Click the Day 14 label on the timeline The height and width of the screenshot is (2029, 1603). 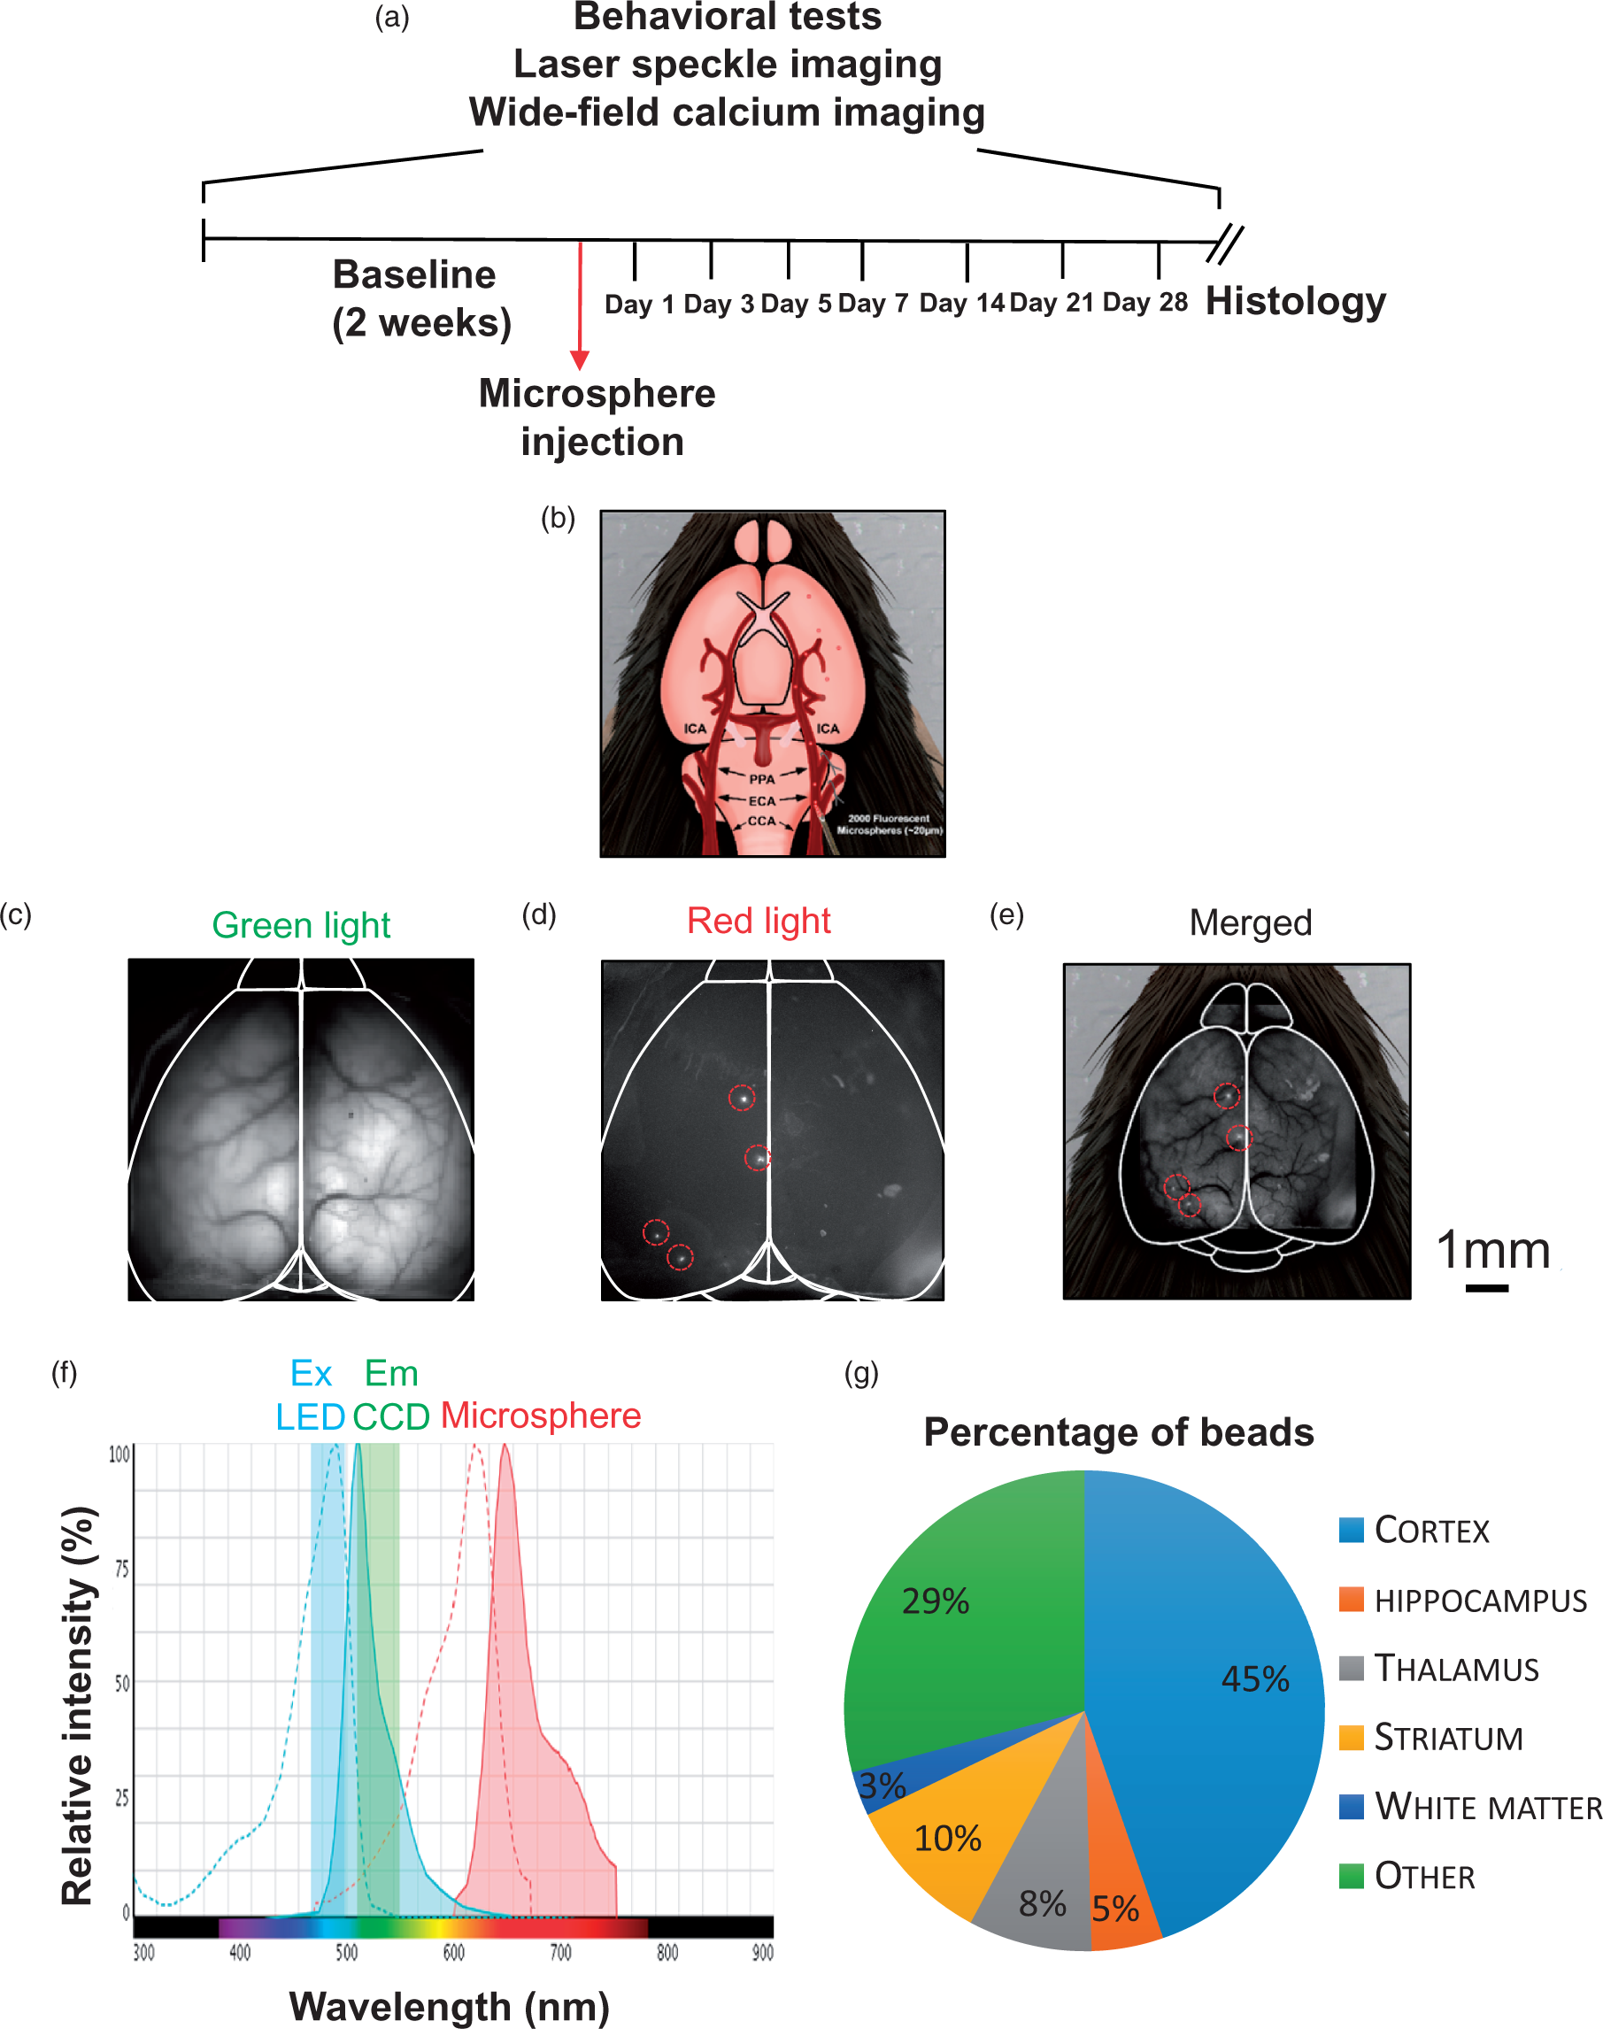tap(961, 303)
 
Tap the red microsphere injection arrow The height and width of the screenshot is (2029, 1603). tap(580, 306)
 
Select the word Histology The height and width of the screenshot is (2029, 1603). tap(1295, 301)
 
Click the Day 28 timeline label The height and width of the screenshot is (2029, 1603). tap(1145, 302)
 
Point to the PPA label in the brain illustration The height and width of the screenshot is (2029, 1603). tap(762, 779)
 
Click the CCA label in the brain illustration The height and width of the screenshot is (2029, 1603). tap(762, 822)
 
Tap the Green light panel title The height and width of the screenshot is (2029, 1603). tap(301, 925)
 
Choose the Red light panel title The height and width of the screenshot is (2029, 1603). tap(759, 921)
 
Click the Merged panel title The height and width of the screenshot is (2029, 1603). tap(1250, 922)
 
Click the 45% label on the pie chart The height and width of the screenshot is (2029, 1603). tap(1255, 1678)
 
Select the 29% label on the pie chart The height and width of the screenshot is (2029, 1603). tap(936, 1601)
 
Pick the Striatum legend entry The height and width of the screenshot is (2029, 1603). tap(1431, 1737)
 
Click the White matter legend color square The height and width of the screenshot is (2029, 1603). tap(1352, 1807)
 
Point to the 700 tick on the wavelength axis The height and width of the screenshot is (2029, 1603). tap(560, 1953)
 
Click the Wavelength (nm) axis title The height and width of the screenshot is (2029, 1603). tap(450, 2007)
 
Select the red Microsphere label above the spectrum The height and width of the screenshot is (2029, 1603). tap(542, 1416)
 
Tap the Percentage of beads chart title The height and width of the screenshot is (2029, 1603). tap(1119, 1433)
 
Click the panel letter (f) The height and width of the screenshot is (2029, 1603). tap(64, 1373)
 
